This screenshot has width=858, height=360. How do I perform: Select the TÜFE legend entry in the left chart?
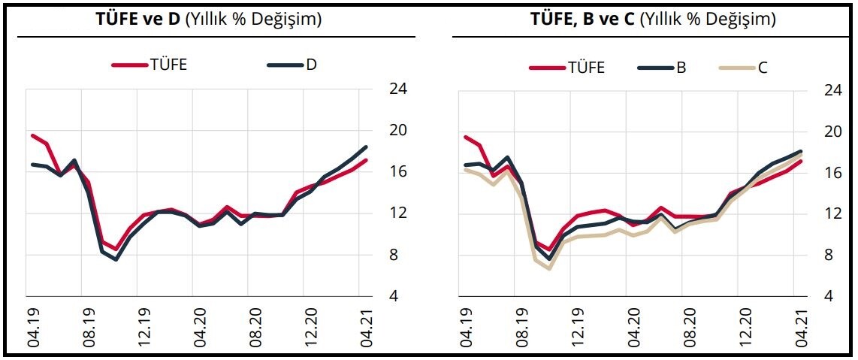pos(150,65)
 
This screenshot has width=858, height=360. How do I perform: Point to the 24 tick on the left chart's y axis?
pos(399,89)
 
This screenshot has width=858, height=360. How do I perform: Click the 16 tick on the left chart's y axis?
pos(399,172)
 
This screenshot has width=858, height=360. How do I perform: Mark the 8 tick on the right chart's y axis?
pos(829,255)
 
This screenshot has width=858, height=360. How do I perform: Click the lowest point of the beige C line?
pos(549,268)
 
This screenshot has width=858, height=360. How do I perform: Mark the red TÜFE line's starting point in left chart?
pos(32,135)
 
